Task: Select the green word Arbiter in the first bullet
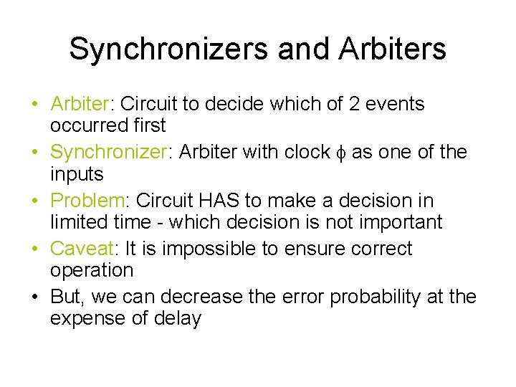coord(79,104)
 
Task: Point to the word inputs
coord(77,173)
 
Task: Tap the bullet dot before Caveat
coord(34,249)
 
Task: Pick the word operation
coord(92,270)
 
